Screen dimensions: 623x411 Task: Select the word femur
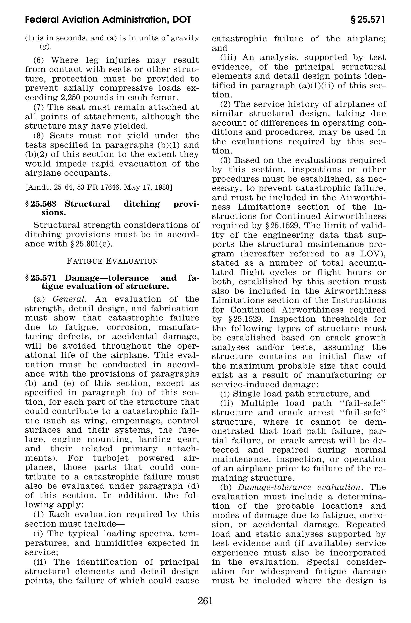[166, 97]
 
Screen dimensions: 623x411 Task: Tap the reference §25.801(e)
[90, 244]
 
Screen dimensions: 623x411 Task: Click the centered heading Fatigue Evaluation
[112, 261]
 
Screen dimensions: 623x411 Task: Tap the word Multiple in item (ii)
[259, 403]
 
